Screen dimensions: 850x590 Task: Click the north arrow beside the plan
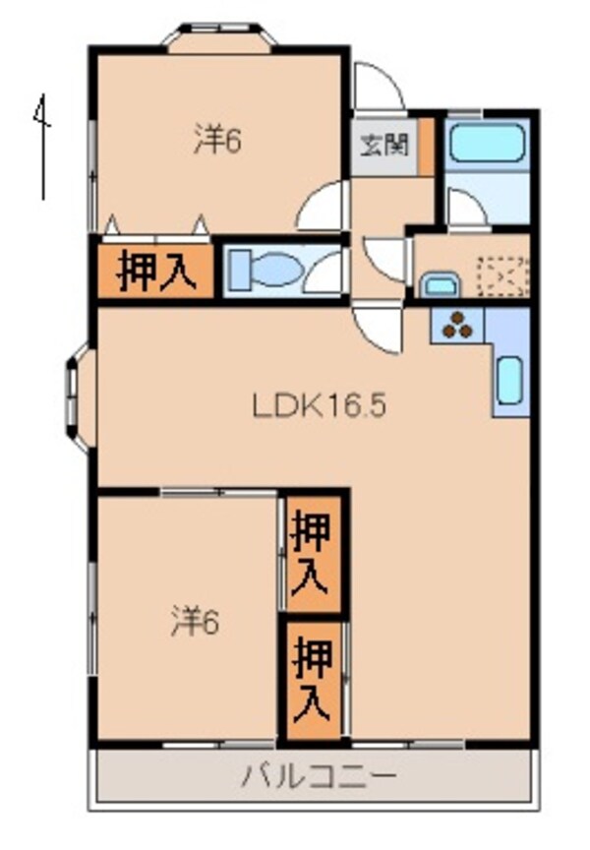pyautogui.click(x=41, y=148)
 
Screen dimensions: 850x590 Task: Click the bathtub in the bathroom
pyautogui.click(x=486, y=145)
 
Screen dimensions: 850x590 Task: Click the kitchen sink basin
pyautogui.click(x=508, y=381)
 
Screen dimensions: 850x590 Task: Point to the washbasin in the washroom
pyautogui.click(x=439, y=285)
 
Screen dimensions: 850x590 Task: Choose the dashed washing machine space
pyautogui.click(x=502, y=276)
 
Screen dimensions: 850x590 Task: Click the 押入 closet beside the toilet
pyautogui.click(x=154, y=271)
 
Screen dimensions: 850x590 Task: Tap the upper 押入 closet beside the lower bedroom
pyautogui.click(x=314, y=553)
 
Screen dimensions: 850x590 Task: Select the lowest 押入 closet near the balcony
pyautogui.click(x=314, y=679)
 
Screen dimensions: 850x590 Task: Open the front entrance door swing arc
pyautogui.click(x=378, y=87)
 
